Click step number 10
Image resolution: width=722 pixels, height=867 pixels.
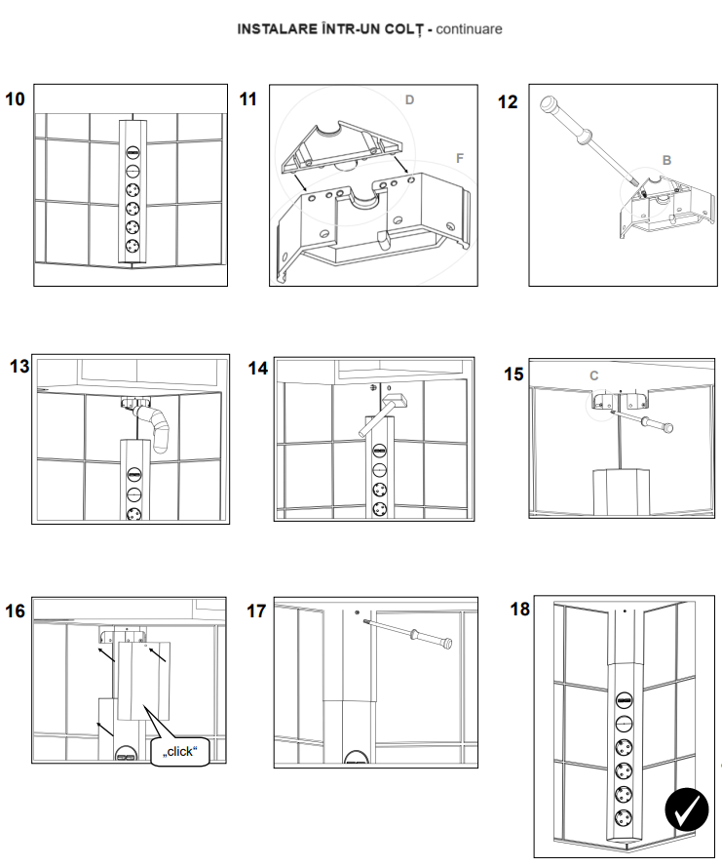16,99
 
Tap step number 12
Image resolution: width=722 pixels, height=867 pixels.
508,101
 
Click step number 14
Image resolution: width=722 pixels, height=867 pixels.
257,369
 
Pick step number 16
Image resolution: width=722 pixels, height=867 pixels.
16,611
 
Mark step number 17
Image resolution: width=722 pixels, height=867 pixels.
256,611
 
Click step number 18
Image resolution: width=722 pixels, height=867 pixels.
520,610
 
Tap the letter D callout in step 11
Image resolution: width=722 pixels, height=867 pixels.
410,99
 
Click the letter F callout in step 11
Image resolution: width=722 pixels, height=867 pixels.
460,156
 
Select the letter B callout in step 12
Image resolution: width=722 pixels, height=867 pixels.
666,158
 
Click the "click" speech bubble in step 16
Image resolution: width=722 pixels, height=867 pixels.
180,750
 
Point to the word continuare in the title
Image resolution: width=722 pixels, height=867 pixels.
469,29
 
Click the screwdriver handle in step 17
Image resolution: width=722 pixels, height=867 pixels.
434,639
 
